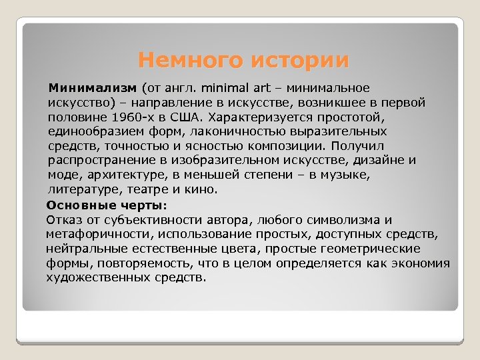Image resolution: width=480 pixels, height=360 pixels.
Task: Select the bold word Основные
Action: (76, 205)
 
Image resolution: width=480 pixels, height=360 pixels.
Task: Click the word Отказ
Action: (63, 220)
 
